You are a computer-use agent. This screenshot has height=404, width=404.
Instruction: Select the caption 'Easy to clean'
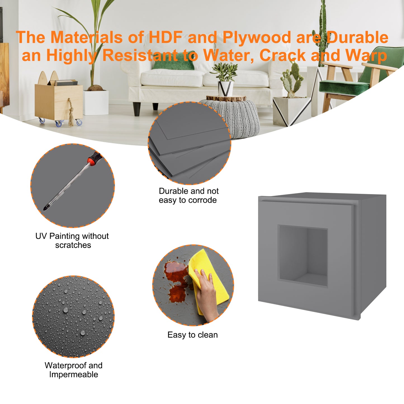pyautogui.click(x=192, y=335)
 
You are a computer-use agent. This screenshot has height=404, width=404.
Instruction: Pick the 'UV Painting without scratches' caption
pyautogui.click(x=72, y=240)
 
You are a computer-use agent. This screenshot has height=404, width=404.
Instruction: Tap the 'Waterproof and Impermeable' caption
pyautogui.click(x=73, y=370)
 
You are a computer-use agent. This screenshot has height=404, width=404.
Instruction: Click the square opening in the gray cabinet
pyautogui.click(x=303, y=256)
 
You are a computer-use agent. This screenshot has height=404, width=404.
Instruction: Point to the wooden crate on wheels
pyautogui.click(x=59, y=102)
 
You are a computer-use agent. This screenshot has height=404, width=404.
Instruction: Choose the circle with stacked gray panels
pyautogui.click(x=190, y=143)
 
